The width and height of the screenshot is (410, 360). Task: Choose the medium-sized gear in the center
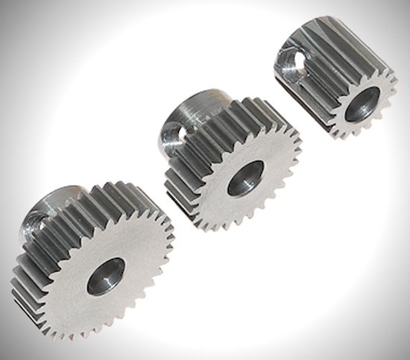click(x=231, y=168)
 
